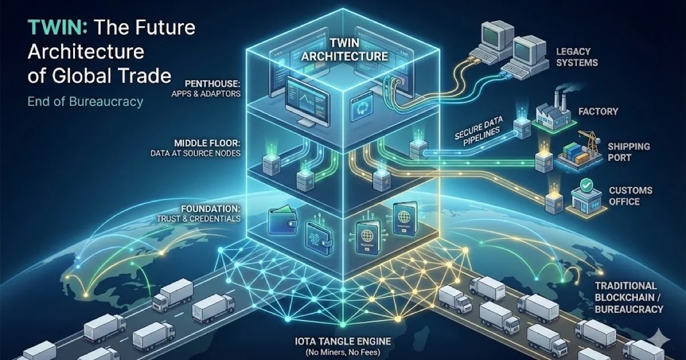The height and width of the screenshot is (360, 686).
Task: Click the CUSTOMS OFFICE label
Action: [631, 196]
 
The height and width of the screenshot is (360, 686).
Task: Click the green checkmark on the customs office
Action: [585, 184]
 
